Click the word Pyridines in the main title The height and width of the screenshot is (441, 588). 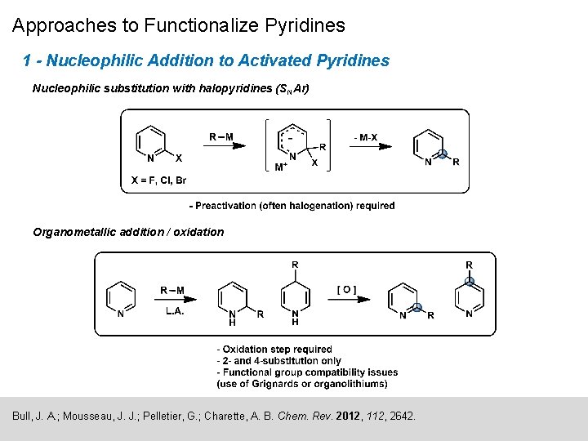tap(305, 25)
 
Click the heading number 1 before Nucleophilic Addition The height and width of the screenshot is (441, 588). tap(28, 60)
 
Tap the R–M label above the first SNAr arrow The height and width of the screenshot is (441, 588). tap(220, 136)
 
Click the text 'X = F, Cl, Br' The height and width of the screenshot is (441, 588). tap(159, 180)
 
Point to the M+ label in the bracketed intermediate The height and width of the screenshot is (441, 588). tap(280, 167)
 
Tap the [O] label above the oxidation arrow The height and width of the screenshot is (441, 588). tap(346, 289)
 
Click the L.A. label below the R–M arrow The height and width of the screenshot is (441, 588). tap(176, 311)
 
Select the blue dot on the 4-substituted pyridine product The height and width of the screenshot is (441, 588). tap(470, 283)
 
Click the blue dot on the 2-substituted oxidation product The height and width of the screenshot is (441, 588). tap(416, 308)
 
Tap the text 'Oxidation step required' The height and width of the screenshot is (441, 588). tap(278, 350)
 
